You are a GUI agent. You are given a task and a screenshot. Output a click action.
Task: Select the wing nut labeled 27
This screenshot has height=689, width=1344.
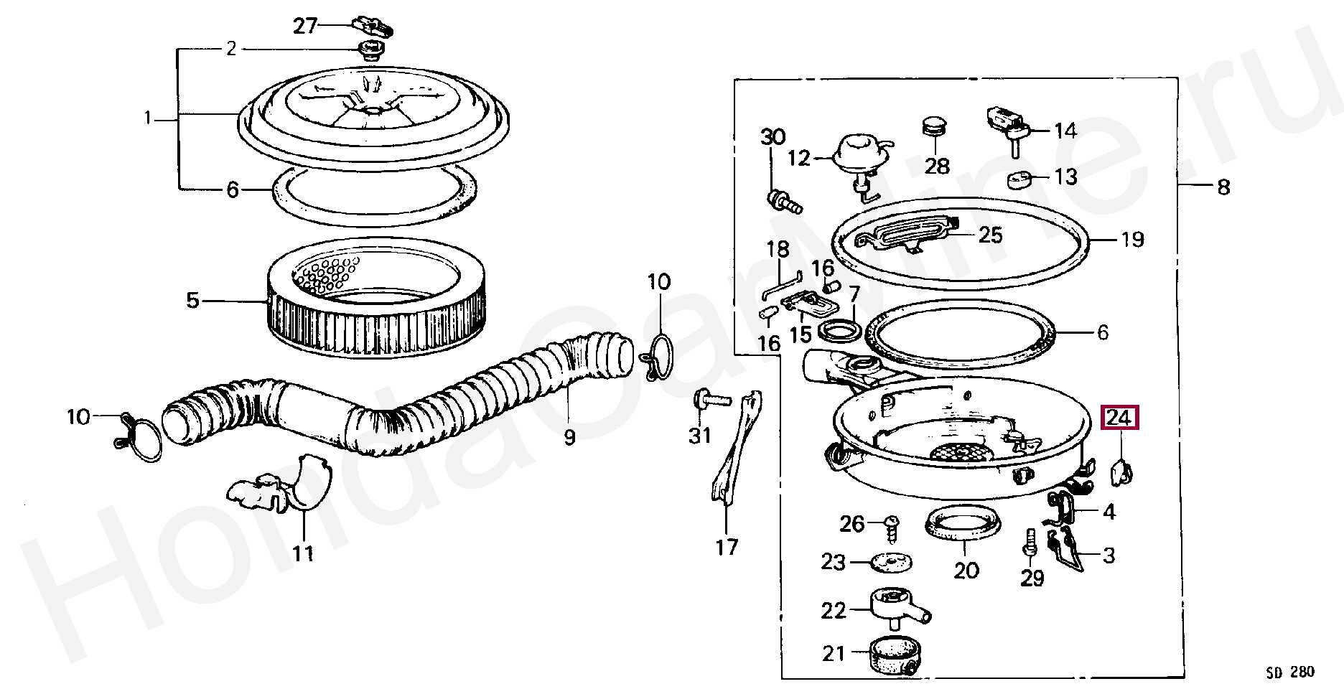click(x=373, y=27)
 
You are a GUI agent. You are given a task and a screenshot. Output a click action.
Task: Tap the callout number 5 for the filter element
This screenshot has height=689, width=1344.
click(x=192, y=300)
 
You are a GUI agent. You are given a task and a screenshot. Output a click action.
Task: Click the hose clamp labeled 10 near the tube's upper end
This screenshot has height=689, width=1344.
click(x=658, y=357)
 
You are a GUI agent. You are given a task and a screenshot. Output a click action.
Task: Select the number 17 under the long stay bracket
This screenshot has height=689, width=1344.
click(x=727, y=548)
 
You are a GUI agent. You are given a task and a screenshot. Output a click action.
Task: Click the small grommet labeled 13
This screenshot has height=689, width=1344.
click(x=1020, y=178)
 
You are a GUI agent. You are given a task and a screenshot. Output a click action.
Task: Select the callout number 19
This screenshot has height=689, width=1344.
click(x=1132, y=239)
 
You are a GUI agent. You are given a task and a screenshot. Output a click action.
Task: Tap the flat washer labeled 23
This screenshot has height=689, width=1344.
click(x=891, y=562)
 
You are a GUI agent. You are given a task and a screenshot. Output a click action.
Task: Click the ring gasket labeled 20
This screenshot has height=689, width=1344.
click(x=963, y=523)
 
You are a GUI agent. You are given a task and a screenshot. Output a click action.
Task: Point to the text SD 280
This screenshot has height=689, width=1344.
click(x=1289, y=672)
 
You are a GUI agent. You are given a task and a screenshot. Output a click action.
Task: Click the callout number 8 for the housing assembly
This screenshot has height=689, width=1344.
click(x=1223, y=187)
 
